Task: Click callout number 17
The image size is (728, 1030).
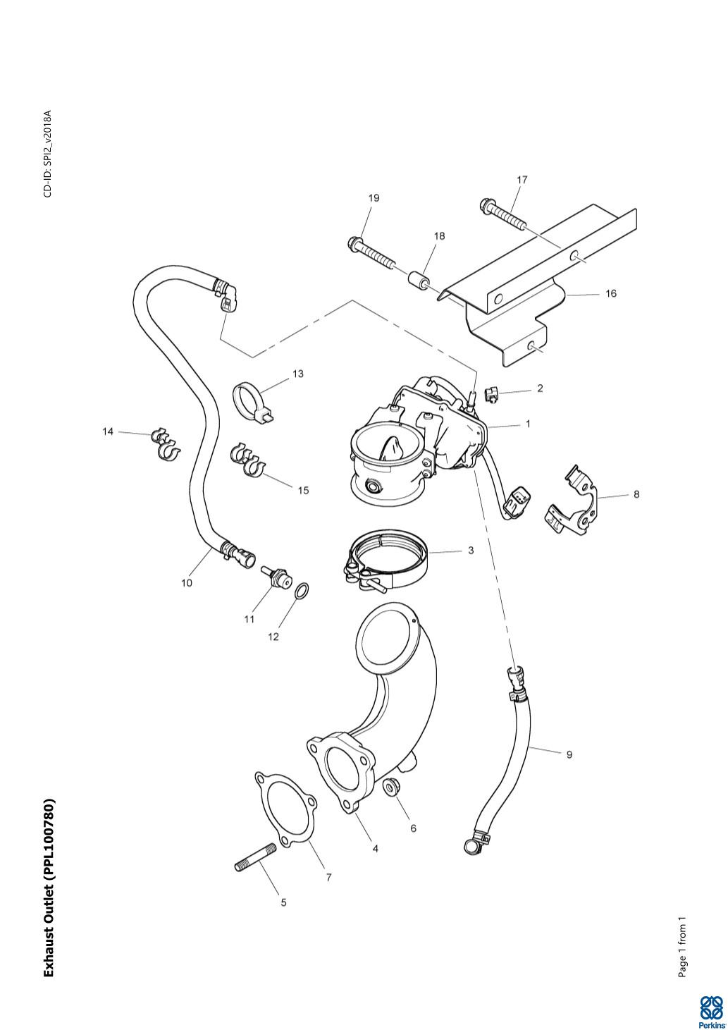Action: point(522,180)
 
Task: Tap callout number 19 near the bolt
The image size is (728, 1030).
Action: point(374,198)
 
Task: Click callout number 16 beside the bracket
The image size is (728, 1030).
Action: point(610,293)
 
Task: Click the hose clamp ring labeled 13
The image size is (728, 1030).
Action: point(251,400)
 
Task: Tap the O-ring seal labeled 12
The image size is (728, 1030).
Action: point(301,591)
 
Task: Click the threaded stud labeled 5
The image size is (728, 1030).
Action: point(255,858)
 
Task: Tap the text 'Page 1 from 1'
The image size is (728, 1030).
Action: point(681,947)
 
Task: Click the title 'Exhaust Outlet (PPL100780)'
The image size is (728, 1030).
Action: point(49,888)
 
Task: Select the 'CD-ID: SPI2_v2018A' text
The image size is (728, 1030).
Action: point(47,153)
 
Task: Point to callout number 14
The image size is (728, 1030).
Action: point(108,431)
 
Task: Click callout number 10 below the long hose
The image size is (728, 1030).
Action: point(187,583)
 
